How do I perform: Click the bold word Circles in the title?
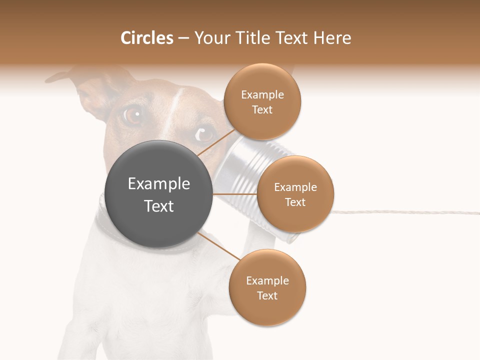coord(146,38)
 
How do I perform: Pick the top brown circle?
coord(262,101)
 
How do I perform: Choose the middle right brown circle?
coord(295,194)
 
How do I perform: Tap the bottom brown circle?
coord(267,287)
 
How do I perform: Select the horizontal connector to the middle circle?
coord(235,194)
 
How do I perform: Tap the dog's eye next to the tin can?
coord(205,133)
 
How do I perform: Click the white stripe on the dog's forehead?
coord(175,102)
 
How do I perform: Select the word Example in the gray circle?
coord(159,184)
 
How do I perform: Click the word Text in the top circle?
coord(262,110)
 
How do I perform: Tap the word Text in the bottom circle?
coord(267,296)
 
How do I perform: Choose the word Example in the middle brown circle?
coord(295,187)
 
